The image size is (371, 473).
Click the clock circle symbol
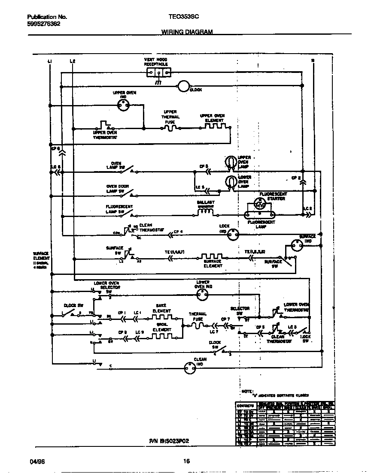click(183, 87)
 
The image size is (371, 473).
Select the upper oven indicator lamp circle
click(123, 103)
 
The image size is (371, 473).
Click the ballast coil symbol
click(206, 211)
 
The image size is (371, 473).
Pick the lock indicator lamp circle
click(232, 234)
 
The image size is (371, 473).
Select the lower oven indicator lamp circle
click(202, 294)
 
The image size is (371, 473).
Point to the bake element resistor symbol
click(162, 319)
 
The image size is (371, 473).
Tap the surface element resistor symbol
click(212, 258)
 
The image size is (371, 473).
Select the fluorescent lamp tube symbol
click(259, 215)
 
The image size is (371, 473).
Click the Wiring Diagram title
click(187, 32)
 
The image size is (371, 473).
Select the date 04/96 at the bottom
click(36, 461)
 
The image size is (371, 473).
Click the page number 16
click(186, 461)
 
